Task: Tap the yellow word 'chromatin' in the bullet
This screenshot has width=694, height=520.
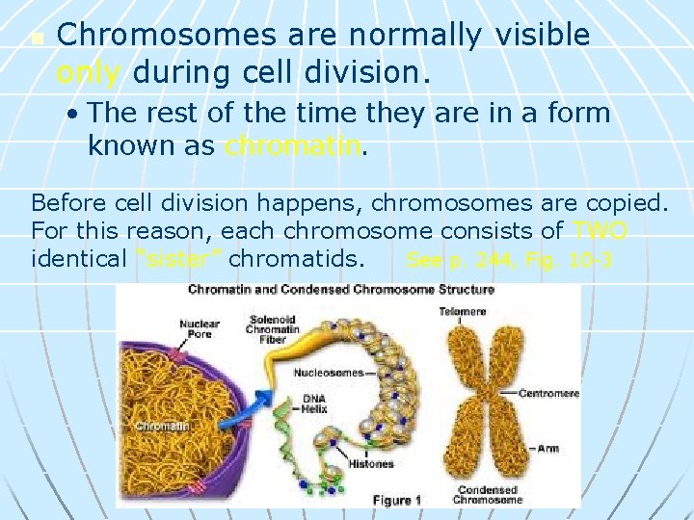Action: pos(294,146)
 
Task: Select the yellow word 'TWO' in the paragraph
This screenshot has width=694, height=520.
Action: pos(600,231)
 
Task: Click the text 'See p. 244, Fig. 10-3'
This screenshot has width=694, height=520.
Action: pos(510,260)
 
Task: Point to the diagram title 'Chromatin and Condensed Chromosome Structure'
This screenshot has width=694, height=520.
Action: pos(340,289)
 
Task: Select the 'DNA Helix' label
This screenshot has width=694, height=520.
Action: pos(314,404)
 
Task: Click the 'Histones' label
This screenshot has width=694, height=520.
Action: pos(371,464)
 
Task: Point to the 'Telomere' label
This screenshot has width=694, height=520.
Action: pos(462,311)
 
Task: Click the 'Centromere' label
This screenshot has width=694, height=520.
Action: pos(548,393)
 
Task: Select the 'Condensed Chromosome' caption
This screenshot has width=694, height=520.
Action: pos(490,494)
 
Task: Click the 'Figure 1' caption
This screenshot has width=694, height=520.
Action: pos(397,500)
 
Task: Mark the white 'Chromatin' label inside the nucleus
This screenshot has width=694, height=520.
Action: pos(162,425)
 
